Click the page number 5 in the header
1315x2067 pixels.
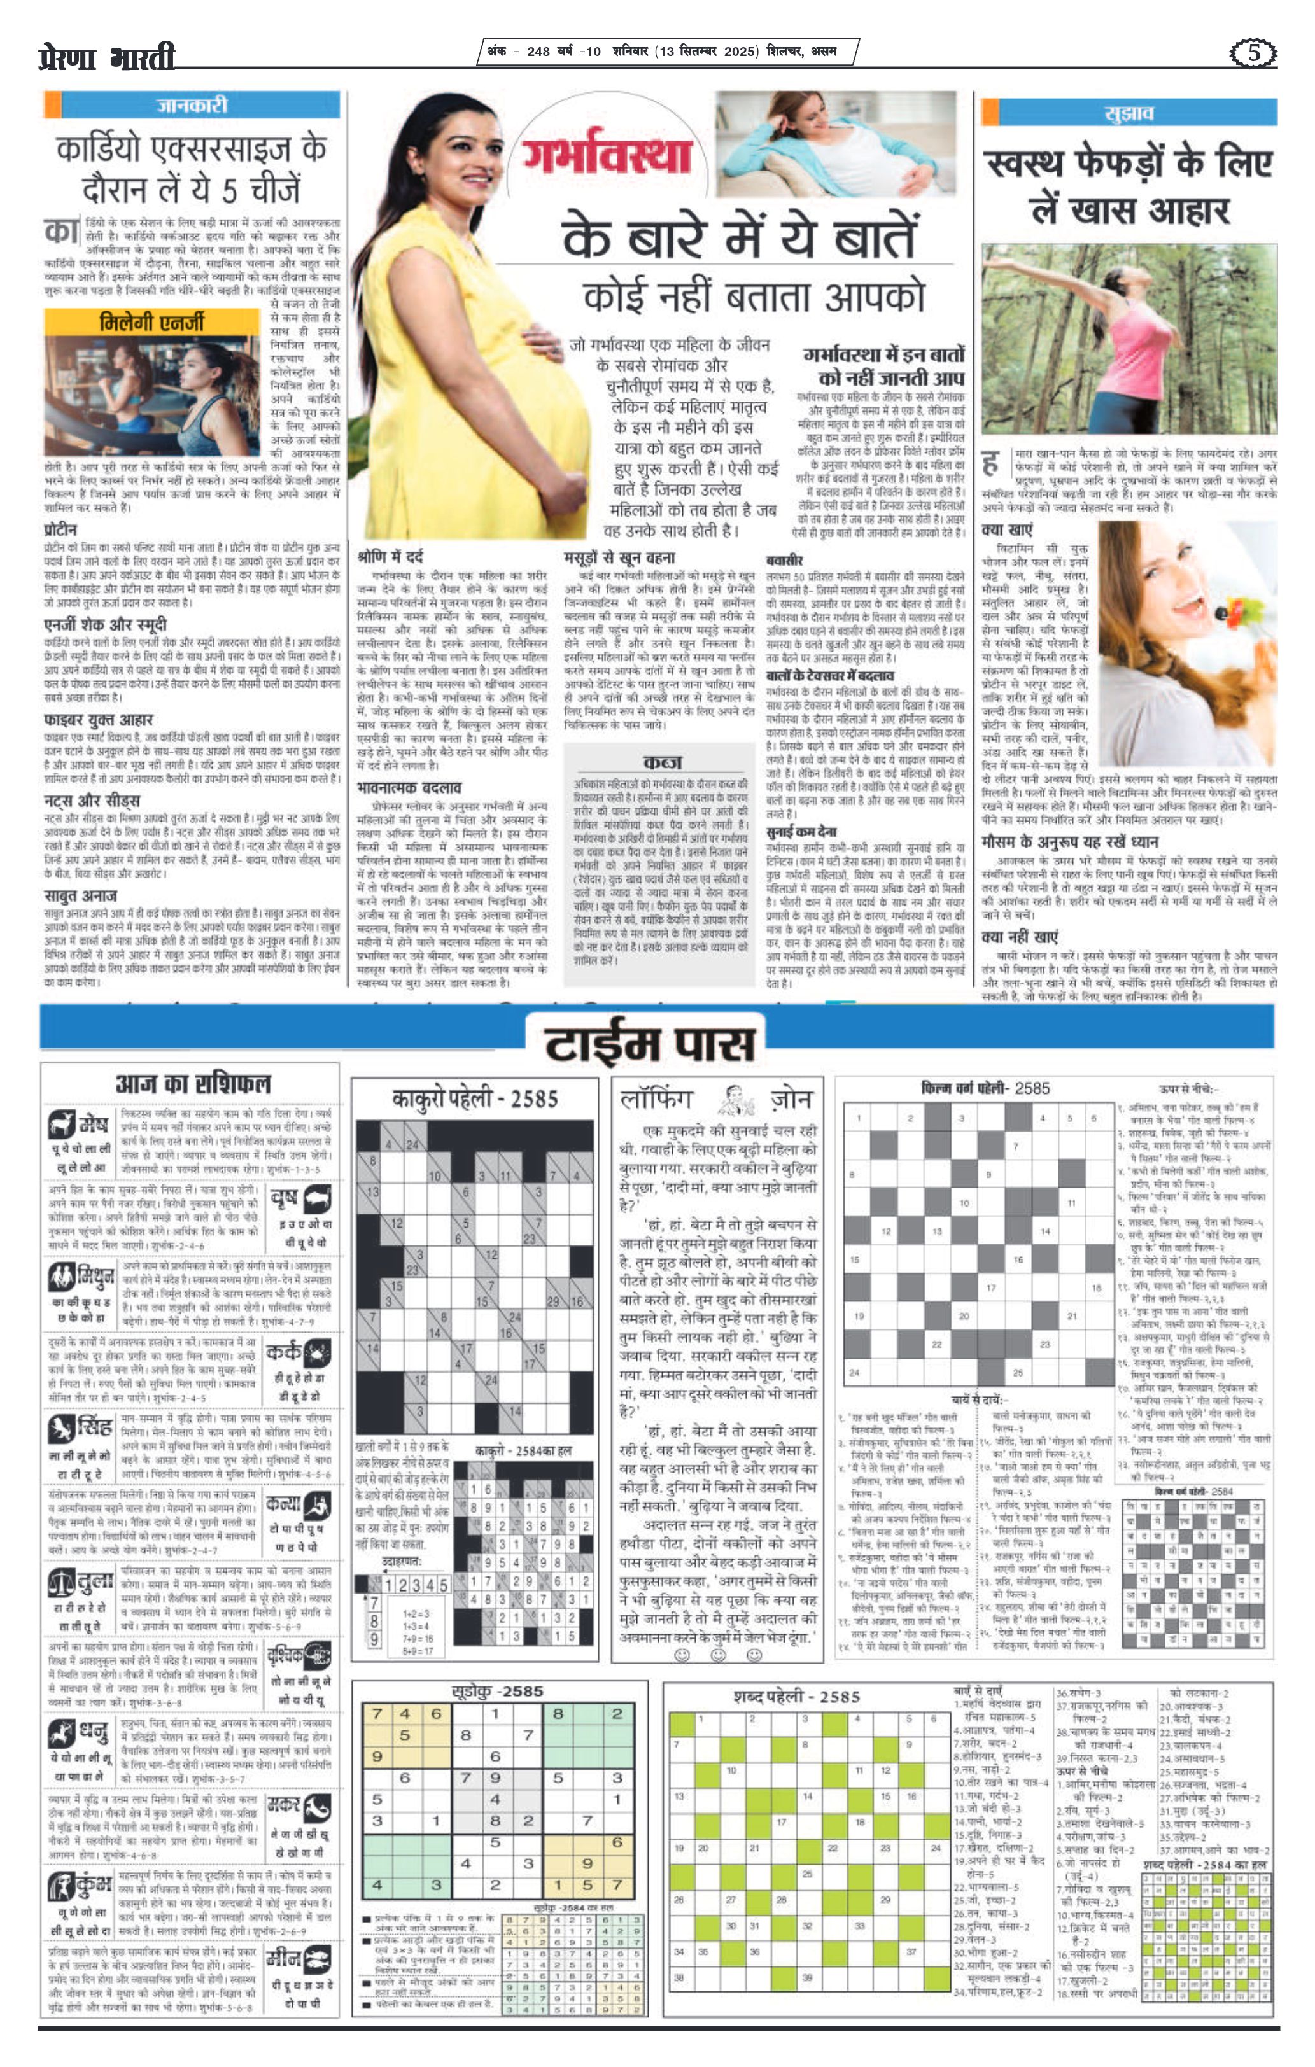(1254, 53)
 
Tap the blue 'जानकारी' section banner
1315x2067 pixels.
(192, 106)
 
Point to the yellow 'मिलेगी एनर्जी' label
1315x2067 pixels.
(152, 323)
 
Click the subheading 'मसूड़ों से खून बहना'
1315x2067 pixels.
(619, 557)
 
